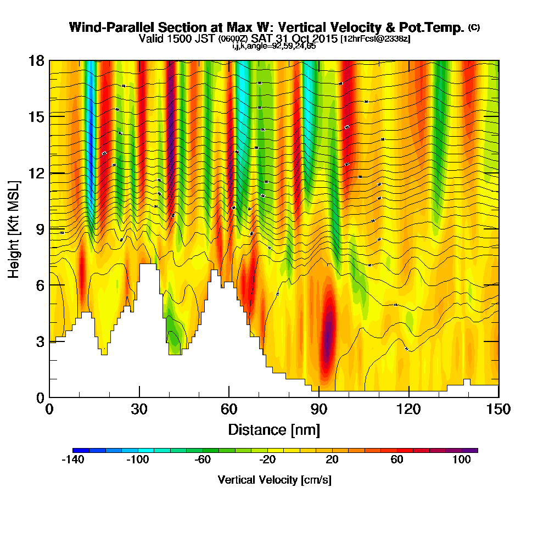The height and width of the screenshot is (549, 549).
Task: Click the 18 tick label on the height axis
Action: [x=36, y=60]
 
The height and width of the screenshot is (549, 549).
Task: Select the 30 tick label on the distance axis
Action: [x=139, y=410]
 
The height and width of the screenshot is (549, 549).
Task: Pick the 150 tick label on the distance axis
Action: [x=498, y=410]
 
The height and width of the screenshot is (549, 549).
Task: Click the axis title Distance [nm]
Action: [x=274, y=429]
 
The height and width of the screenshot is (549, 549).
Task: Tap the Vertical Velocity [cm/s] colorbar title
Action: [x=274, y=480]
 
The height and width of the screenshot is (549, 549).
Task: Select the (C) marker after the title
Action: [x=473, y=27]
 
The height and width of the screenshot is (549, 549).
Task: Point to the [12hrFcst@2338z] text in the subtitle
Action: [x=376, y=39]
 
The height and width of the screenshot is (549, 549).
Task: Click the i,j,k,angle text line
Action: [x=274, y=46]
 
